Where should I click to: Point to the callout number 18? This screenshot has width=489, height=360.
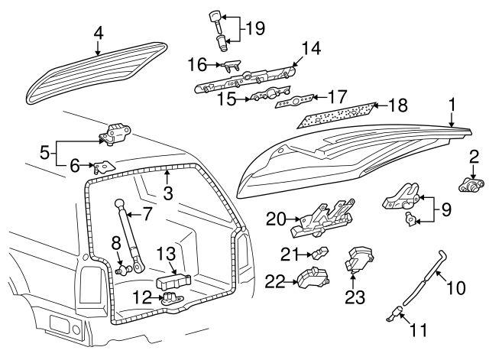(400, 105)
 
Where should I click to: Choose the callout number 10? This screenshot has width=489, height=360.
(455, 288)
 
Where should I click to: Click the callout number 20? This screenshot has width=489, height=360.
(275, 219)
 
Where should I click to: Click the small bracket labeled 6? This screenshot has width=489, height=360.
(102, 166)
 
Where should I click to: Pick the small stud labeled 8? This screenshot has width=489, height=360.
(121, 269)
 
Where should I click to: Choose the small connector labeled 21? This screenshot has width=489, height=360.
(319, 253)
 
